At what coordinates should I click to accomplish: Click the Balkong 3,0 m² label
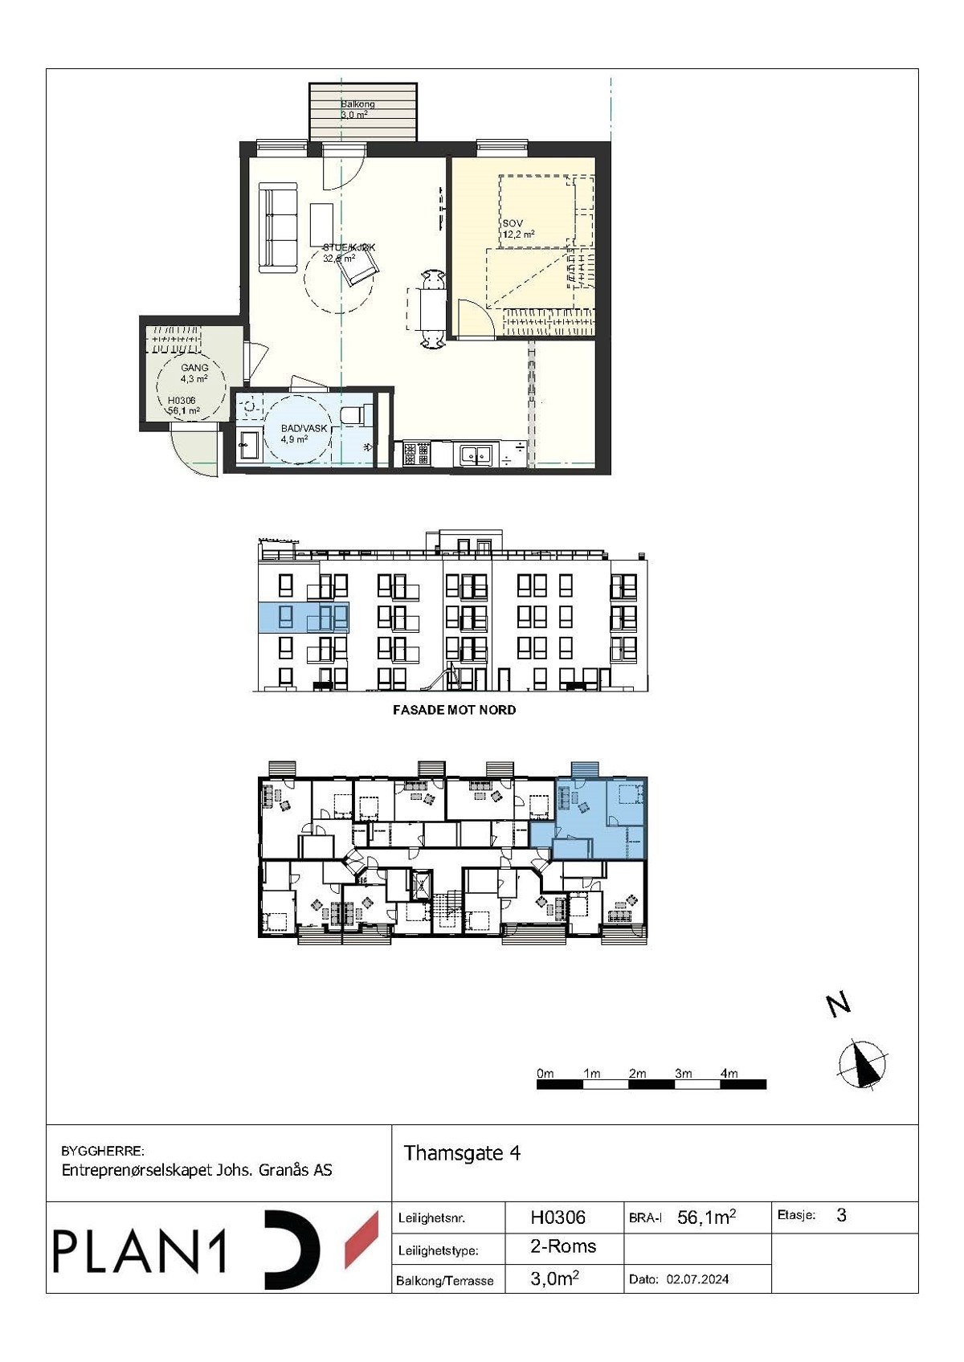pyautogui.click(x=357, y=110)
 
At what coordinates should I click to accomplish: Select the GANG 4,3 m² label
pyautogui.click(x=194, y=373)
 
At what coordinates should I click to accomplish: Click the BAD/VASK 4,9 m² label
pyautogui.click(x=303, y=434)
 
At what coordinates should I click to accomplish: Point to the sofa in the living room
pyautogui.click(x=277, y=228)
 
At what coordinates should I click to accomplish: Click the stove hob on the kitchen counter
pyautogui.click(x=416, y=455)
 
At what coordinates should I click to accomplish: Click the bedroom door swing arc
pyautogui.click(x=474, y=316)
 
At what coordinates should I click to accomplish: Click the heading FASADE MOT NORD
pyautogui.click(x=454, y=710)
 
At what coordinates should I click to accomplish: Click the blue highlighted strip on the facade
pyautogui.click(x=303, y=618)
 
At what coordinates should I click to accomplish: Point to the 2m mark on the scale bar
pyautogui.click(x=637, y=1074)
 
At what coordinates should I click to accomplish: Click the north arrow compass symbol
pyautogui.click(x=863, y=1065)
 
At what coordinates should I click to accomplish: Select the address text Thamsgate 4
pyautogui.click(x=462, y=1153)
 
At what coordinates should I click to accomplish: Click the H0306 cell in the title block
pyautogui.click(x=558, y=1217)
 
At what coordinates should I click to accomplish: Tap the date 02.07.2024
pyautogui.click(x=697, y=1279)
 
